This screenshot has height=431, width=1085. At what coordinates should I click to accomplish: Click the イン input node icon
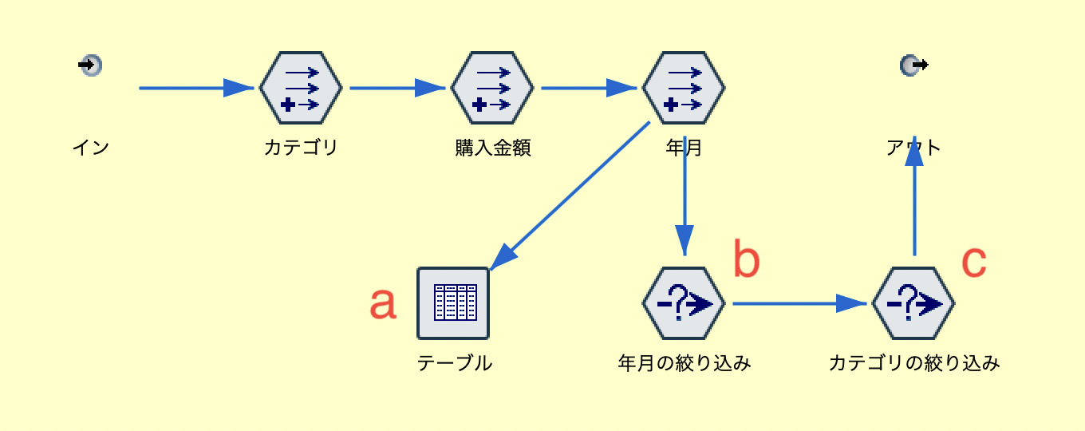click(x=91, y=65)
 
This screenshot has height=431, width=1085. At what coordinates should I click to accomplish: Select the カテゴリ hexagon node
click(x=301, y=88)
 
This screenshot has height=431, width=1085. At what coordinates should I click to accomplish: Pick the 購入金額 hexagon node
click(x=492, y=88)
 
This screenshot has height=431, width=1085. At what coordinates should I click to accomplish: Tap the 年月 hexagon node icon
click(x=684, y=88)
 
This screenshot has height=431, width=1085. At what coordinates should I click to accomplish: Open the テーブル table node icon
click(x=453, y=303)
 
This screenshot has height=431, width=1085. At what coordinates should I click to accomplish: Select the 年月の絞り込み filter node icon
click(x=684, y=303)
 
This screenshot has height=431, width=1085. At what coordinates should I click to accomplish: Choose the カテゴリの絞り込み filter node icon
click(x=913, y=303)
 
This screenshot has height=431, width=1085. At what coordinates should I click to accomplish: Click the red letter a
click(x=383, y=303)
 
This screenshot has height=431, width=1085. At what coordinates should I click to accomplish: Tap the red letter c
click(x=974, y=260)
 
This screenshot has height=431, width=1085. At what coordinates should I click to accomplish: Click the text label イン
click(x=91, y=148)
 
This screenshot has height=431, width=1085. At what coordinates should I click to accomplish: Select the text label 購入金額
click(x=492, y=148)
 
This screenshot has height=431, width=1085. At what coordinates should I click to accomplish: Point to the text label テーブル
click(x=455, y=363)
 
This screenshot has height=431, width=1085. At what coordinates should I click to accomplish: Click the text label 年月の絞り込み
click(x=685, y=363)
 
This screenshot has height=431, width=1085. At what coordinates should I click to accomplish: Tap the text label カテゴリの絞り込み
click(x=914, y=363)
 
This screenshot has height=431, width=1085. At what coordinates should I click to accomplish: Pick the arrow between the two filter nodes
click(x=798, y=303)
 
